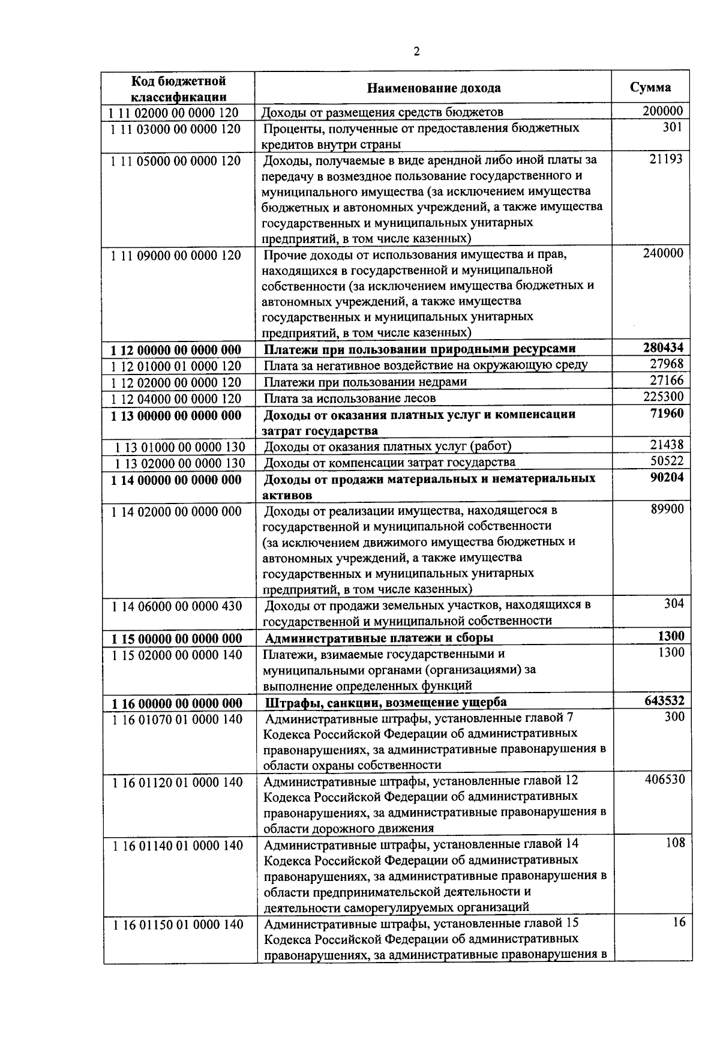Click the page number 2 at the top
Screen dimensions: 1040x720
[x=416, y=51]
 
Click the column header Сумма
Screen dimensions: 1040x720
[x=650, y=87]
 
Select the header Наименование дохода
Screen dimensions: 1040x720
[x=433, y=88]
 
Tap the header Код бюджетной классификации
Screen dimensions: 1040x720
[x=178, y=89]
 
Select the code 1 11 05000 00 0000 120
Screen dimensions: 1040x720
[x=176, y=161]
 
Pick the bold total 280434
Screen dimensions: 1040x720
[x=663, y=348]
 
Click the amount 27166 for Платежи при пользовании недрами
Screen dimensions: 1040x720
[x=667, y=380]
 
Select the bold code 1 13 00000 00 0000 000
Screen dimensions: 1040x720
[x=176, y=415]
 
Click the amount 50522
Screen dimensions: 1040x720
[x=667, y=461]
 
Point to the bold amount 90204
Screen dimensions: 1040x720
[x=667, y=477]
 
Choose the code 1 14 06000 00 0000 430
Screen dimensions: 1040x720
[x=176, y=606]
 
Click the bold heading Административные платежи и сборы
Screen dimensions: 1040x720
[x=379, y=638]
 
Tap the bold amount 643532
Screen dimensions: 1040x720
[x=663, y=701]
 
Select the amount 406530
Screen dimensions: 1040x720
[x=664, y=780]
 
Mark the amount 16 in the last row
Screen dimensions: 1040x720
[x=678, y=922]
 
